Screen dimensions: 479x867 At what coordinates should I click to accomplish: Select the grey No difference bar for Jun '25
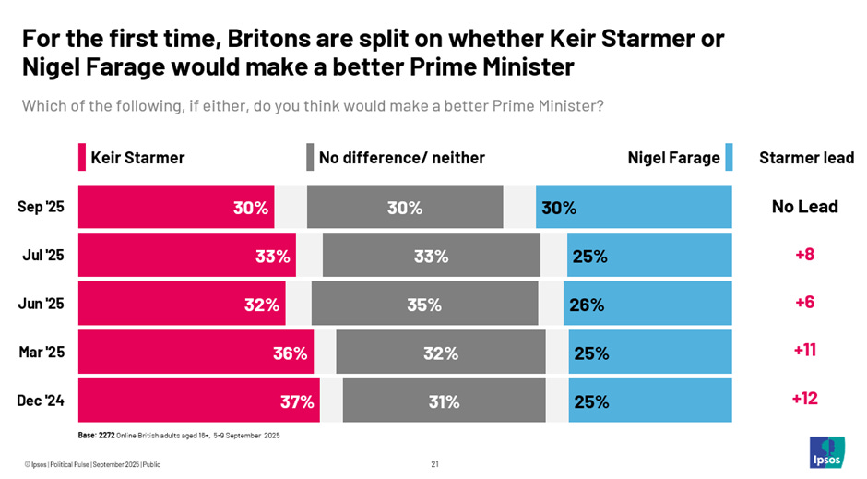click(424, 304)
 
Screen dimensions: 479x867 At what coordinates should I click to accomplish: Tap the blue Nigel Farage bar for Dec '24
click(650, 401)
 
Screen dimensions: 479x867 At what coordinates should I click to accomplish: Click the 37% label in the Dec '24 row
click(297, 401)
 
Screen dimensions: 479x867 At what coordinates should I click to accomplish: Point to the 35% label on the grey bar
click(424, 305)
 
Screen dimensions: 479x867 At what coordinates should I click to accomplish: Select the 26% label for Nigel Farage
click(587, 305)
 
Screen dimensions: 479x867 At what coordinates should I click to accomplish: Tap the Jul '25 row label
click(43, 256)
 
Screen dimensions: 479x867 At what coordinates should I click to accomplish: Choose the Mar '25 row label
click(42, 353)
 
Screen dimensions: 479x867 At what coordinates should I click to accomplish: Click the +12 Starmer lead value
click(804, 399)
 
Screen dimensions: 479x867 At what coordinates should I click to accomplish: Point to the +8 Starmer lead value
click(804, 254)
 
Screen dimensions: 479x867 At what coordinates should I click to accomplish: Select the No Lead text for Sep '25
click(804, 206)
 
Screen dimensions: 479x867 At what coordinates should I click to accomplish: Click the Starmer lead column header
click(806, 158)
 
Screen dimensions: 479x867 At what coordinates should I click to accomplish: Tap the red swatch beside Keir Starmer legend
click(82, 158)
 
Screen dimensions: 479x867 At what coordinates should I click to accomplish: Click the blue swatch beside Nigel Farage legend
click(729, 158)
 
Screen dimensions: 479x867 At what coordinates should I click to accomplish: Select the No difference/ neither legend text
click(401, 158)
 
